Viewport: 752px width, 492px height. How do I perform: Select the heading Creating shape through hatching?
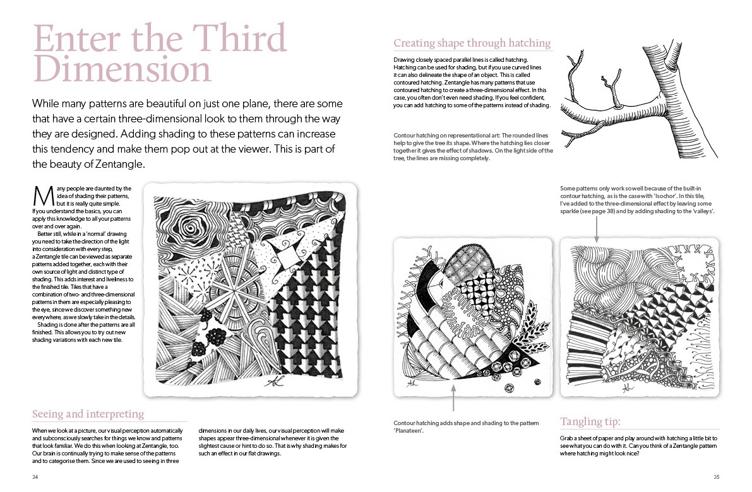tap(472, 43)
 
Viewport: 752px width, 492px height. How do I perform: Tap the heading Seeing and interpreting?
tap(88, 414)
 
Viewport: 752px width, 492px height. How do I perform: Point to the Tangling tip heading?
tap(590, 422)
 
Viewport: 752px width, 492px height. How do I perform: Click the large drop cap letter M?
tap(43, 196)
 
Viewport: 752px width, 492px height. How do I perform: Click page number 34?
tap(35, 477)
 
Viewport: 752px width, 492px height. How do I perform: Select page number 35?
tap(717, 477)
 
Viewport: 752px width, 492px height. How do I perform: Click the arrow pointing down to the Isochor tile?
tap(596, 229)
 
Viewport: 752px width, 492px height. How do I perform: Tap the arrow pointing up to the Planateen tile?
tap(453, 398)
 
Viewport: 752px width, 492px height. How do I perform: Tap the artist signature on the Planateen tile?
tap(410, 384)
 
